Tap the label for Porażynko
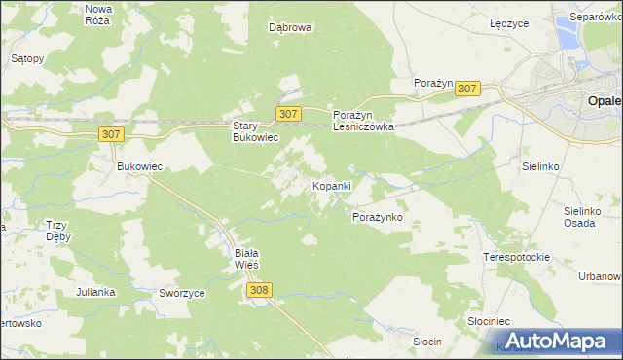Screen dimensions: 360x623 [x=377, y=217]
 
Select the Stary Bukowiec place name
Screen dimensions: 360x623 [x=255, y=131]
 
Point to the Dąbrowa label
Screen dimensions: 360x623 [x=290, y=28]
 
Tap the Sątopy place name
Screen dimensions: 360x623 [x=27, y=58]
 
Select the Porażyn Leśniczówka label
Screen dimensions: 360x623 [x=362, y=120]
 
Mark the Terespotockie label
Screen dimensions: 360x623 [x=517, y=257]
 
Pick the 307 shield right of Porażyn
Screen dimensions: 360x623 [x=467, y=89]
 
